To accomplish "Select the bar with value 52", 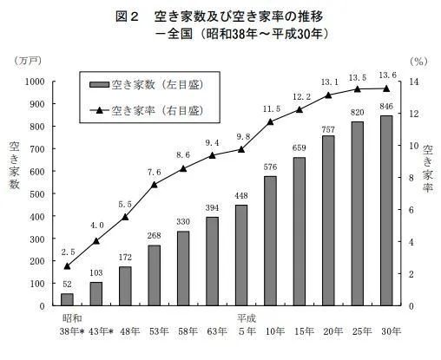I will pos(68,299).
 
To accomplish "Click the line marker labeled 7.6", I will pos(154,184).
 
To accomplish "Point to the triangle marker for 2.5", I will pos(68,265).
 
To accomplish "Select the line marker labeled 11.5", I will pos(270,121).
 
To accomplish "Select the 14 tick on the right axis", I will pos(415,82).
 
